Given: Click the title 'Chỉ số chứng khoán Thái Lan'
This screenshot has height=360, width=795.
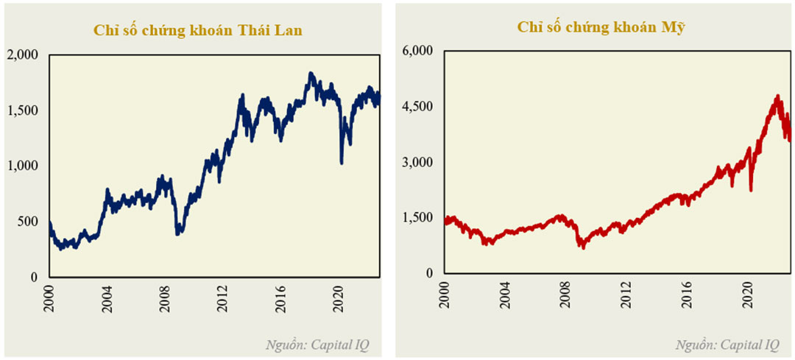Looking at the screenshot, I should pos(197,30).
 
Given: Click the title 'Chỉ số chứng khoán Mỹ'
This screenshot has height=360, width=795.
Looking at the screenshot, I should pos(601,27).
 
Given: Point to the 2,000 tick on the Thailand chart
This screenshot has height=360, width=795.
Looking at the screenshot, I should pos(25,54).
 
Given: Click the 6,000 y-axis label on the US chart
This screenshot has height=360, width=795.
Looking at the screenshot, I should pos(418,50).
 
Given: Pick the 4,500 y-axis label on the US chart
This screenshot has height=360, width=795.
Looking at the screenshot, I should pos(418,106).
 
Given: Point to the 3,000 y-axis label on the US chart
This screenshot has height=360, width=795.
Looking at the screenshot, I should pos(418,162).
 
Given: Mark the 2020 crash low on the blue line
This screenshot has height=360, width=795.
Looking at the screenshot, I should pos(342,162).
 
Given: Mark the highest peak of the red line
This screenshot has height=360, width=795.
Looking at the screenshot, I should pos(777,96).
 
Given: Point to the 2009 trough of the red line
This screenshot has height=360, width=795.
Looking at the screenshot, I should pos(583,247).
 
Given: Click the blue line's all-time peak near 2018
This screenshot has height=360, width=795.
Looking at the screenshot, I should pos(311,74).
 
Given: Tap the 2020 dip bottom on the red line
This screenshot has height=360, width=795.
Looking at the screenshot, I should pos(751,189).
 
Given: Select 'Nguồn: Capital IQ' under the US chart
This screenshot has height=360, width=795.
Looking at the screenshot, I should pos(727,344).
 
